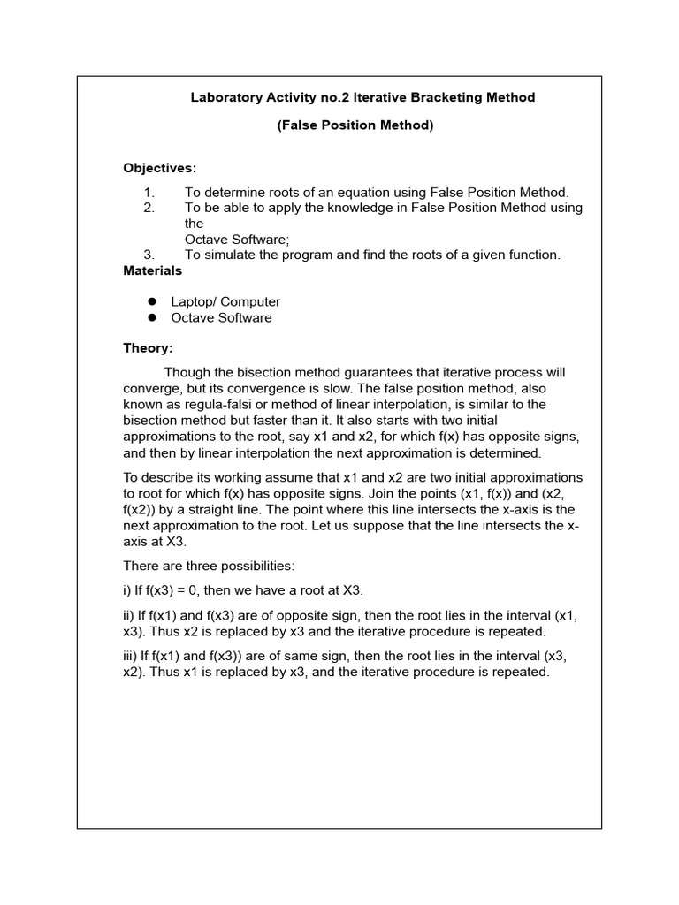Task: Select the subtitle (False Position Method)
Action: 355,125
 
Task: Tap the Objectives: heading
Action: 160,168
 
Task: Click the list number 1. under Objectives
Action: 149,193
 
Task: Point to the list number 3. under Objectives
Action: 149,255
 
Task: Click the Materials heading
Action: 153,270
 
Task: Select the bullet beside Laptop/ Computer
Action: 152,302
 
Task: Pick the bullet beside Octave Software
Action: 152,318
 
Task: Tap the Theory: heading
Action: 148,348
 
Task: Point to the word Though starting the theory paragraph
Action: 187,373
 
